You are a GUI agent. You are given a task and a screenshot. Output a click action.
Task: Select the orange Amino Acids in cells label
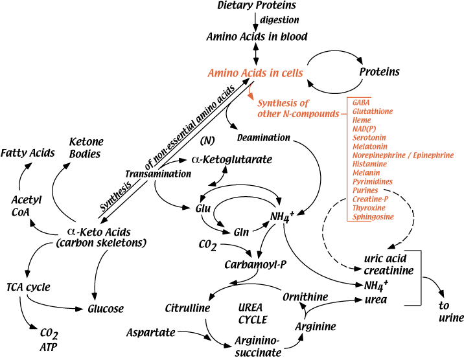pos(255,73)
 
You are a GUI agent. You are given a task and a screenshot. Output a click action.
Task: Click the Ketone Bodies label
pos(86,147)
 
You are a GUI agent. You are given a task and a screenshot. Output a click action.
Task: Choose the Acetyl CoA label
pos(27,205)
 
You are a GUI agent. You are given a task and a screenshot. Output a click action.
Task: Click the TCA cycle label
pos(28,286)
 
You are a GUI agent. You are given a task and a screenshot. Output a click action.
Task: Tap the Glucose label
pos(106,309)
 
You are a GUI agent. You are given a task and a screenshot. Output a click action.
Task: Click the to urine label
pos(450,312)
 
